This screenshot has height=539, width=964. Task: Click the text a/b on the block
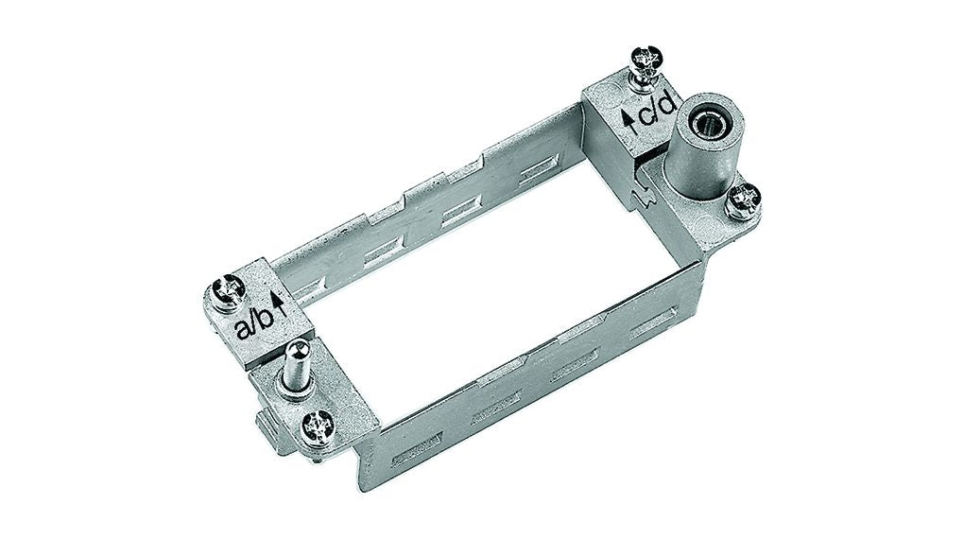coord(252,327)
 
